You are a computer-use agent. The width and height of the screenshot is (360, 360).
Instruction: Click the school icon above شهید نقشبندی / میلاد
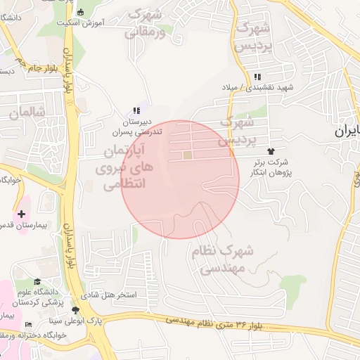coord(257,77)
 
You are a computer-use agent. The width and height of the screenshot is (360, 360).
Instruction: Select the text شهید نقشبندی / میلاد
coord(266,87)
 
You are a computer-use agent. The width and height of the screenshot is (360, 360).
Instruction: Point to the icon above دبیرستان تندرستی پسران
coord(136,110)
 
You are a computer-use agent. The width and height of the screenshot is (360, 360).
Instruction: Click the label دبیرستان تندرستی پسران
coord(138,126)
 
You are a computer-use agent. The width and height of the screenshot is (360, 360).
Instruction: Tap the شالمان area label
coord(27,112)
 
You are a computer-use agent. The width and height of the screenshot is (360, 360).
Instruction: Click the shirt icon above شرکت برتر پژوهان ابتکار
coord(271,151)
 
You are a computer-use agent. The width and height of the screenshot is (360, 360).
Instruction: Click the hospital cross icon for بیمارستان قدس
coord(22,213)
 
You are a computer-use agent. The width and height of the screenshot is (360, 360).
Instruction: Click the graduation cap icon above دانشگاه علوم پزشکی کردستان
coord(37,282)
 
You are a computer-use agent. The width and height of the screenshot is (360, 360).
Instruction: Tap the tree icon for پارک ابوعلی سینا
coord(75,310)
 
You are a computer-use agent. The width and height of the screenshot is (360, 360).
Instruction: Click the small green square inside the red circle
coord(187,155)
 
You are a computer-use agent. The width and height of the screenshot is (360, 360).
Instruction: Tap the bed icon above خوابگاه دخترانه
coord(28,324)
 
